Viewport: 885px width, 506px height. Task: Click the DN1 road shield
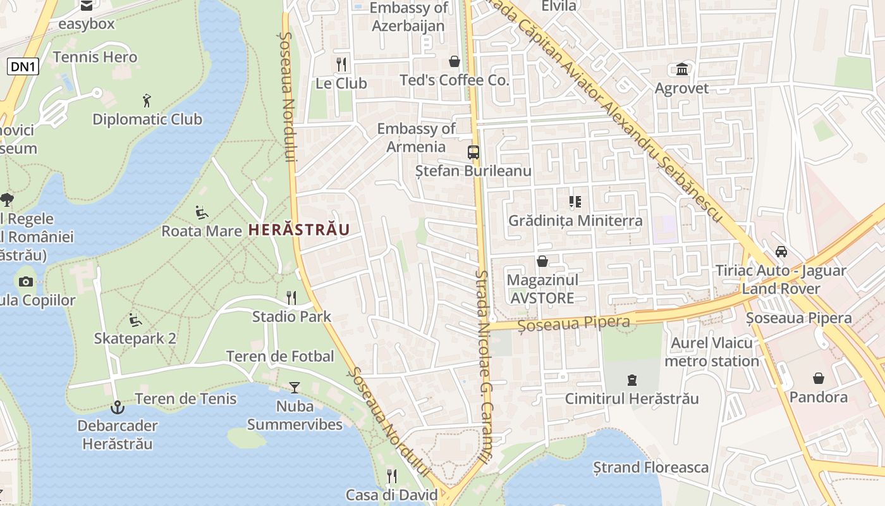pyautogui.click(x=23, y=66)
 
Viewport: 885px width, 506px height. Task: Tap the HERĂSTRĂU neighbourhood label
pyautogui.click(x=299, y=230)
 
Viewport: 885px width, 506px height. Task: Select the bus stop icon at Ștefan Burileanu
pyautogui.click(x=473, y=152)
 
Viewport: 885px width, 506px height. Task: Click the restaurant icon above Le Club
pyautogui.click(x=341, y=64)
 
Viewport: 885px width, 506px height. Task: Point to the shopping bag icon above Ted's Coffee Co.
pyautogui.click(x=454, y=61)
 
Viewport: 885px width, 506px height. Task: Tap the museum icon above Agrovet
pyautogui.click(x=682, y=69)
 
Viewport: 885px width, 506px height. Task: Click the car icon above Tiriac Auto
pyautogui.click(x=781, y=251)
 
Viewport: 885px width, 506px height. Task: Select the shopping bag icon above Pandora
pyautogui.click(x=819, y=378)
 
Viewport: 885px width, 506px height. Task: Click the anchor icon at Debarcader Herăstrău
pyautogui.click(x=117, y=407)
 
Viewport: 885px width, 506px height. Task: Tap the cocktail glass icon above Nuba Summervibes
pyautogui.click(x=294, y=387)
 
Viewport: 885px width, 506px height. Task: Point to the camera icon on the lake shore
pyautogui.click(x=26, y=281)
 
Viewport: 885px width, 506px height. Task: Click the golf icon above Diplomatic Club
pyautogui.click(x=147, y=100)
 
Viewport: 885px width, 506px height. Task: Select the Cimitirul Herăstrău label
pyautogui.click(x=632, y=398)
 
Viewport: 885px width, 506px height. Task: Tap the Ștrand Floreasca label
pyautogui.click(x=650, y=467)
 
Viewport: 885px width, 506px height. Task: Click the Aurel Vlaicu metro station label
pyautogui.click(x=712, y=352)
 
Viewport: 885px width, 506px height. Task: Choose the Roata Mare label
pyautogui.click(x=202, y=231)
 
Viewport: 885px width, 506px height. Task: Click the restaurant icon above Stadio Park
pyautogui.click(x=291, y=297)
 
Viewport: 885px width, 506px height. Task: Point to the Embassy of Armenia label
pyautogui.click(x=416, y=138)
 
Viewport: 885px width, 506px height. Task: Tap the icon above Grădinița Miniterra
pyautogui.click(x=575, y=202)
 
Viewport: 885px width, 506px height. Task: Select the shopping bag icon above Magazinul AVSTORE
pyautogui.click(x=542, y=261)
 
